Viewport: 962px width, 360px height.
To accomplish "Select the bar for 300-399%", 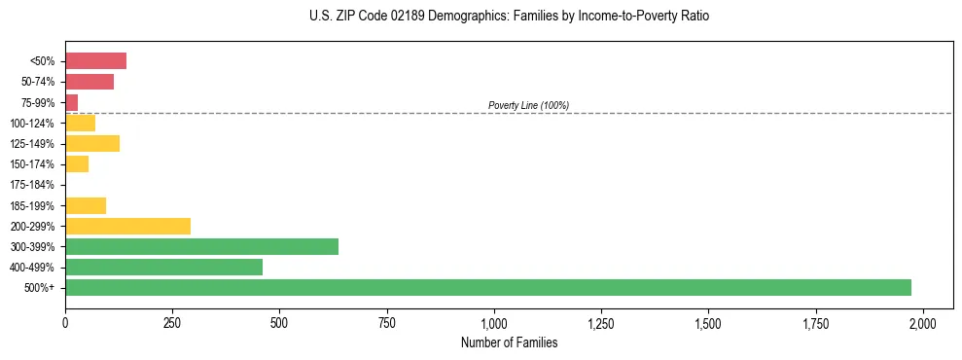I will [201, 246].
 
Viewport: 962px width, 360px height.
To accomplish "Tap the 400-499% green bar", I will [163, 267].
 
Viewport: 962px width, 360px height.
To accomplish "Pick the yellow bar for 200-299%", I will [127, 226].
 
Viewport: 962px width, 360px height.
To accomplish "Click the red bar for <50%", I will [95, 61].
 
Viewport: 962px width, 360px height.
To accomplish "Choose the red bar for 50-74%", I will [89, 82].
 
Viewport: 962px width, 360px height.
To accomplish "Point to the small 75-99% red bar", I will [71, 102].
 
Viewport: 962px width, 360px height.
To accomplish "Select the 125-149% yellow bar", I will [92, 143].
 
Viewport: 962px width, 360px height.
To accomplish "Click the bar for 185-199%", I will [86, 205].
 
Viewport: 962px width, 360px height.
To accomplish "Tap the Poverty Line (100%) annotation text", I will [528, 105].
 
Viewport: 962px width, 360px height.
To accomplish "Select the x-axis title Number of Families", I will [509, 342].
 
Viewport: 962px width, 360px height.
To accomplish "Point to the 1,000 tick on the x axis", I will [494, 323].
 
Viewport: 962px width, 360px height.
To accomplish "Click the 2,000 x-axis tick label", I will [923, 323].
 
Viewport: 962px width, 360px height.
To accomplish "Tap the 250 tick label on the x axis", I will [172, 323].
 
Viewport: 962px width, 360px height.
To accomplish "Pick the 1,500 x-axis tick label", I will [708, 323].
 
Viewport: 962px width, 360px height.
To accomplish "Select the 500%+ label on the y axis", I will [40, 288].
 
